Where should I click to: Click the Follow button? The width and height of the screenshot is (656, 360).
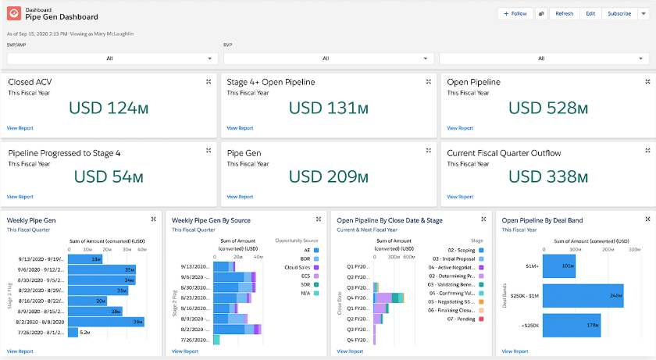click(515, 13)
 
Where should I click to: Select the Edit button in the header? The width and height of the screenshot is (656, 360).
click(590, 13)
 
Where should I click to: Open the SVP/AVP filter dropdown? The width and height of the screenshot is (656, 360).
click(110, 59)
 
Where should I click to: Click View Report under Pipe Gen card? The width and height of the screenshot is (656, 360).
click(240, 197)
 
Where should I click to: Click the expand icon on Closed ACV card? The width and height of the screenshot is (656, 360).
click(208, 81)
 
